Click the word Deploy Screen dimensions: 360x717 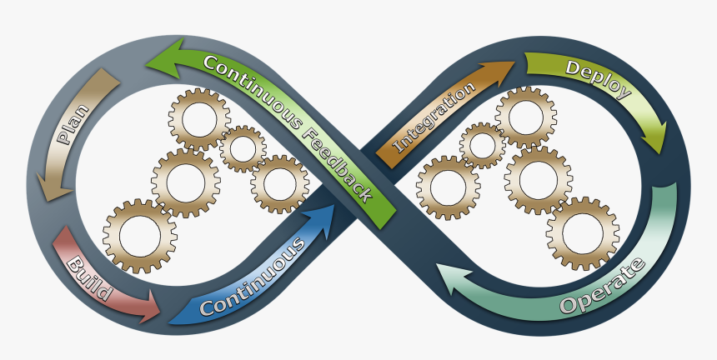pos(597,80)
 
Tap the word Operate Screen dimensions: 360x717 pos(603,288)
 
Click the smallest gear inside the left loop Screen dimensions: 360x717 pos(243,149)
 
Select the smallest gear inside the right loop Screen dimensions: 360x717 pos(482,145)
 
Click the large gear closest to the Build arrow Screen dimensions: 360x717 pos(140,236)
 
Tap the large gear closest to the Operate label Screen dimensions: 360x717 pos(584,232)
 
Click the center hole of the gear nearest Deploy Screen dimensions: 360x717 pos(527,111)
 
